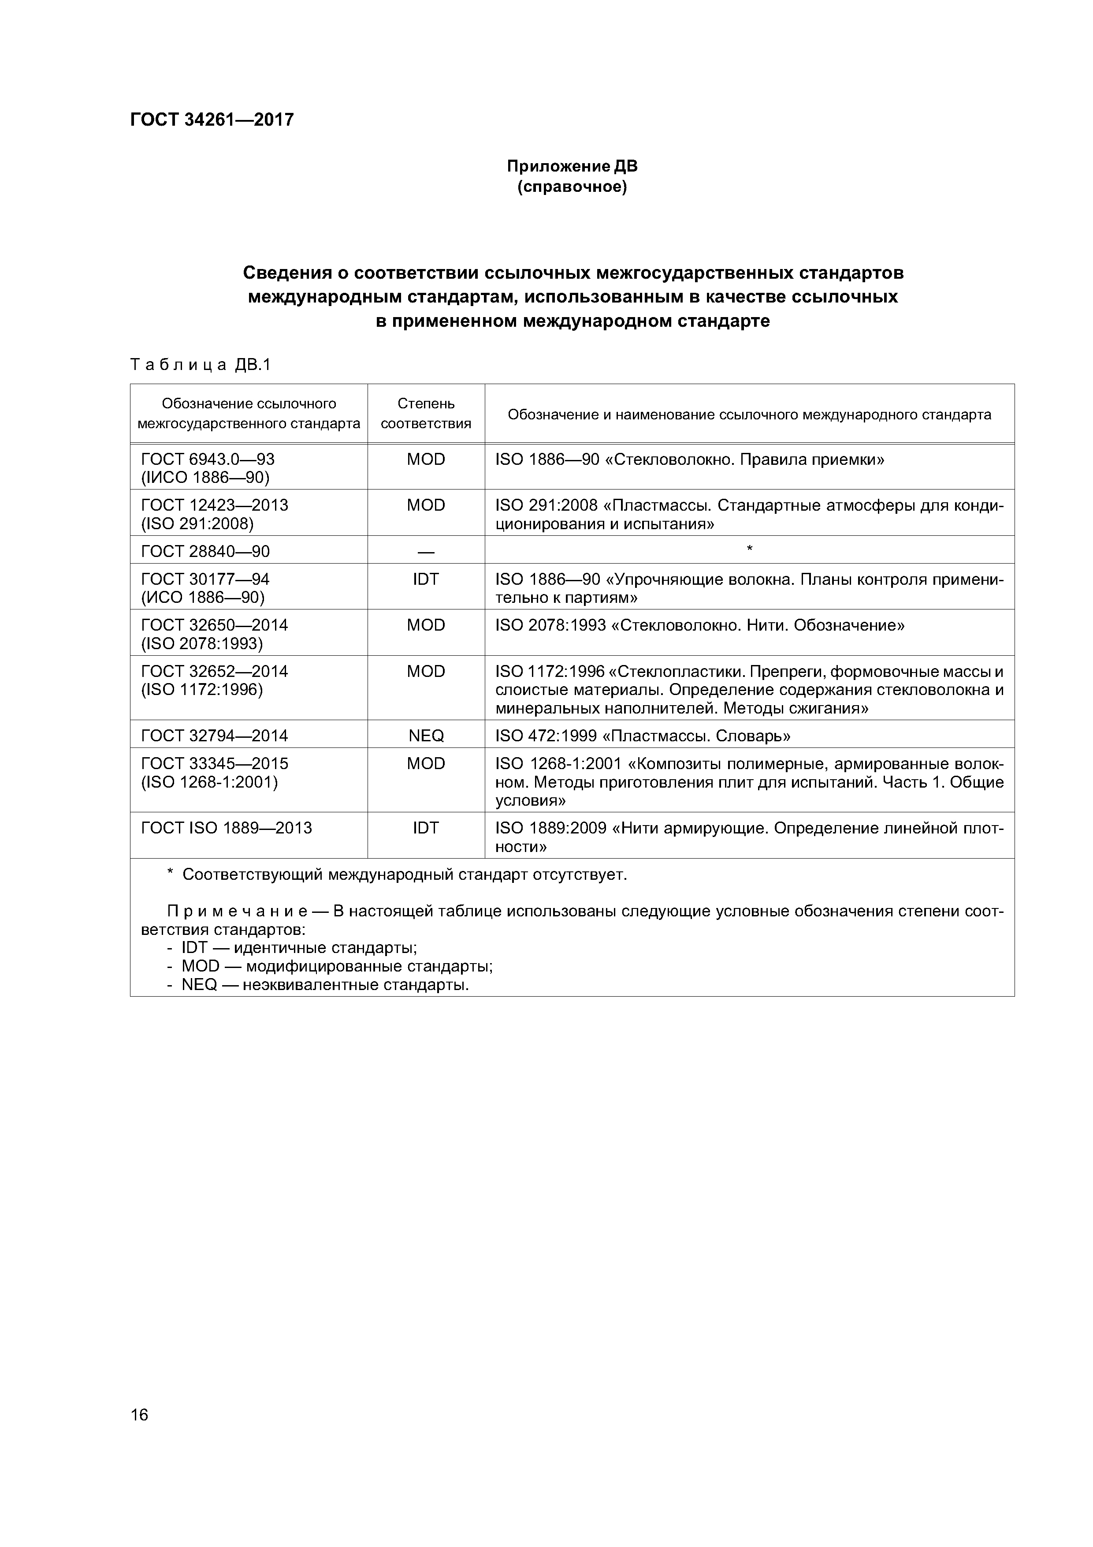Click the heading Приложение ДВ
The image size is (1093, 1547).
click(572, 166)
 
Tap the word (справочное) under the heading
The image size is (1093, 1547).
click(572, 187)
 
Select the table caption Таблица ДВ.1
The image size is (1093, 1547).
click(200, 365)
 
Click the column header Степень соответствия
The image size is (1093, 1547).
click(426, 414)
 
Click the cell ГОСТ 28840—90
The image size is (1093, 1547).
click(205, 551)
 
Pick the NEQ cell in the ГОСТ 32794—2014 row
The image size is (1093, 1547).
click(426, 736)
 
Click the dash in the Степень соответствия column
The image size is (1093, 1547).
click(426, 552)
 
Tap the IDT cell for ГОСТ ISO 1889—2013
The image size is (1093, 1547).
click(426, 828)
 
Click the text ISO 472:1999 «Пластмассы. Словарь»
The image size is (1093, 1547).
click(643, 736)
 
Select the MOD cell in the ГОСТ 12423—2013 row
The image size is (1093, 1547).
click(426, 505)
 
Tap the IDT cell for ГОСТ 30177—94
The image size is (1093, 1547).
click(426, 579)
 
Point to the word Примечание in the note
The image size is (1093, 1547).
click(237, 912)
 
